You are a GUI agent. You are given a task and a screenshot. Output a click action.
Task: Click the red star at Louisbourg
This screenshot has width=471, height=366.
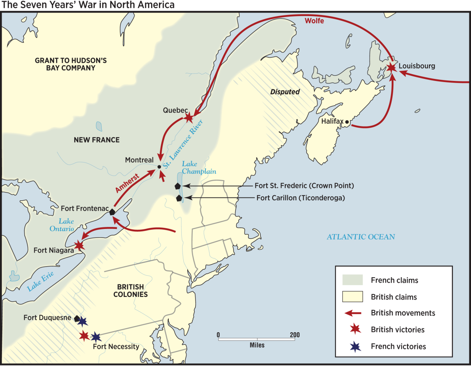391,68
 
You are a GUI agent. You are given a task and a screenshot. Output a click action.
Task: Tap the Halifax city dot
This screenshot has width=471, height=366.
347,122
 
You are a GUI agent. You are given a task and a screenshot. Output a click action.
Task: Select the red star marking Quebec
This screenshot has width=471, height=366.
189,117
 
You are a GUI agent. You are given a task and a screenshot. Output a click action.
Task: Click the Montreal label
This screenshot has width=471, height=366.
139,160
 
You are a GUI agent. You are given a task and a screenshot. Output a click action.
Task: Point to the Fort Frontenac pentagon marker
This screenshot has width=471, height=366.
112,212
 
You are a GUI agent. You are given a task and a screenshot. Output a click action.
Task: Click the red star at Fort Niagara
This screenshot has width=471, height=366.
79,245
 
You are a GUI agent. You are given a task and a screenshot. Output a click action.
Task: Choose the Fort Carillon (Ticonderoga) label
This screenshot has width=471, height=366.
300,198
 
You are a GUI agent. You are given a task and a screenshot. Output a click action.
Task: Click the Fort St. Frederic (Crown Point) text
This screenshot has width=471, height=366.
304,185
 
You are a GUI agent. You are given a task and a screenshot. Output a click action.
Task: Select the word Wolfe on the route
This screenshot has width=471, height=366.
314,21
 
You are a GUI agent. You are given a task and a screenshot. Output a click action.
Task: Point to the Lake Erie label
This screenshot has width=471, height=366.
40,280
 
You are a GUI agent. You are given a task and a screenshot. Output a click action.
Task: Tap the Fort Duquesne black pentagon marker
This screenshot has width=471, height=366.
77,319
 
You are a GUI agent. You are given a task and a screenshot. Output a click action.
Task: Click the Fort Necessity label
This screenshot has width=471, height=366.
116,347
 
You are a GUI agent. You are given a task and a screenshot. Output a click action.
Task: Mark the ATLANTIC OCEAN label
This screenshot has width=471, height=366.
361,237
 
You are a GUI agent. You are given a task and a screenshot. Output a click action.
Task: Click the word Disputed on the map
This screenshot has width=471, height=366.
285,92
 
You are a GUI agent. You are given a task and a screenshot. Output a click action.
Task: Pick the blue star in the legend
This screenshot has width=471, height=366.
354,346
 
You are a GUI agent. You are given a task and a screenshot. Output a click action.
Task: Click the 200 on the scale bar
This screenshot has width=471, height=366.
294,335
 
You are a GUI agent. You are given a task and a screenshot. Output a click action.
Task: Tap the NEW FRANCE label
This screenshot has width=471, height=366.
97,140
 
